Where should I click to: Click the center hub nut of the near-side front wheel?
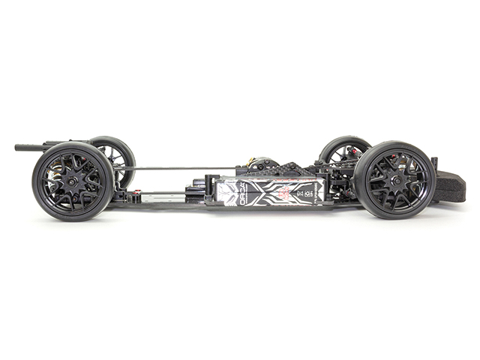[x=394, y=179]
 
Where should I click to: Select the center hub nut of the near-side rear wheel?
[x=73, y=181]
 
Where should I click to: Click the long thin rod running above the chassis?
[x=180, y=167]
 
